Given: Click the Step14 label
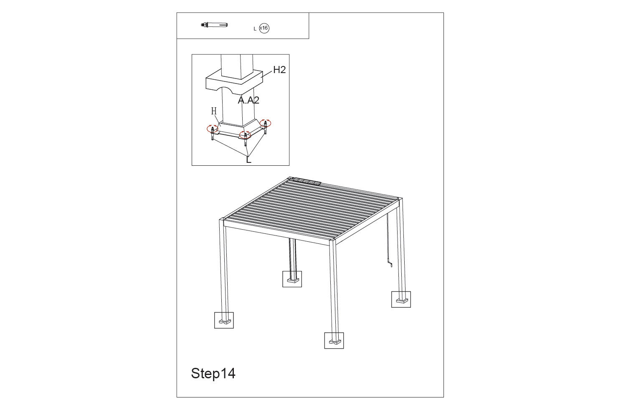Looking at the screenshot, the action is click(213, 373).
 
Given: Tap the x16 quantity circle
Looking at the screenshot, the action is click(264, 28).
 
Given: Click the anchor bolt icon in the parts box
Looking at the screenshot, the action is click(214, 25).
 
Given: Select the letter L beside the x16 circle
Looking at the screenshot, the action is click(255, 29).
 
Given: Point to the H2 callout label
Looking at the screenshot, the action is click(279, 70).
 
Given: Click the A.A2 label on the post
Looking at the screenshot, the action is click(248, 100).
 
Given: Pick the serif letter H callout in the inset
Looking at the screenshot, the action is click(214, 111).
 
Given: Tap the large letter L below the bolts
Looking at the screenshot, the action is click(248, 159).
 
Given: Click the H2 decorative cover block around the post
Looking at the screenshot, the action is click(234, 82).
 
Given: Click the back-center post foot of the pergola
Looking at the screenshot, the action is click(293, 280).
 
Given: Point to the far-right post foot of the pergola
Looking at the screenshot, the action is click(402, 301).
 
